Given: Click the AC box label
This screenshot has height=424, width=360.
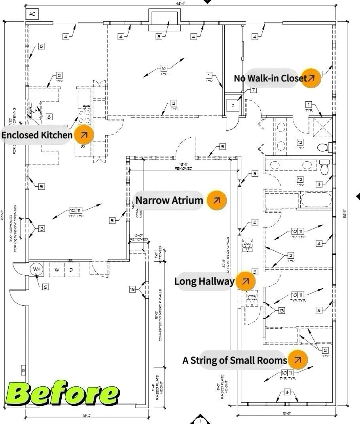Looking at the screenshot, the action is pyautogui.click(x=32, y=14).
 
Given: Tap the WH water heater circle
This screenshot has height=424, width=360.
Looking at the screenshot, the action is pyautogui.click(x=37, y=269).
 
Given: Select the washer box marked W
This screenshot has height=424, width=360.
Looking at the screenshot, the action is pyautogui.click(x=57, y=270).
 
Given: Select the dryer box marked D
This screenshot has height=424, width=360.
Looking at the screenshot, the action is pyautogui.click(x=71, y=270).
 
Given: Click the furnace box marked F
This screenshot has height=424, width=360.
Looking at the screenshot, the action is pyautogui.click(x=233, y=106).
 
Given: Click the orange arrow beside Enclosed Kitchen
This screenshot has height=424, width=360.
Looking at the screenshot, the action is pyautogui.click(x=83, y=135).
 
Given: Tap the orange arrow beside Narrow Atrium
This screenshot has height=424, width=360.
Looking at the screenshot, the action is pyautogui.click(x=216, y=200).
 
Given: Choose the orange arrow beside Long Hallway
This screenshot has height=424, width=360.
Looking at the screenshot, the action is pyautogui.click(x=245, y=281).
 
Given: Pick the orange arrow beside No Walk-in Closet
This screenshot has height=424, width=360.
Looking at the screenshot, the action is pyautogui.click(x=311, y=78).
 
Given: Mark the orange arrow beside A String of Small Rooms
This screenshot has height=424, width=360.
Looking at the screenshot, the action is pyautogui.click(x=298, y=360).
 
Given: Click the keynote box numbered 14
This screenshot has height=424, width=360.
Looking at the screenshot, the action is pyautogui.click(x=164, y=68).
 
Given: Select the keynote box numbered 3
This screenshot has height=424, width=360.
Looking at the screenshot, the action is pyautogui.click(x=159, y=37).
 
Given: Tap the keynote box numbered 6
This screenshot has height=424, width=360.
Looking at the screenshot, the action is pyautogui.click(x=45, y=287).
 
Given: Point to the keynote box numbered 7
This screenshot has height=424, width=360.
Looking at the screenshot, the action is pyautogui.click(x=253, y=90).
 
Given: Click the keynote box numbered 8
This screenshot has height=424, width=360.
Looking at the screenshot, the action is pyautogui.click(x=48, y=117).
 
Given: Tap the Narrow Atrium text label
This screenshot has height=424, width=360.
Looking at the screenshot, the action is pyautogui.click(x=169, y=200).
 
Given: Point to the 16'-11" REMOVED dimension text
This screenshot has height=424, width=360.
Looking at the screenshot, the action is pyautogui.click(x=184, y=166).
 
